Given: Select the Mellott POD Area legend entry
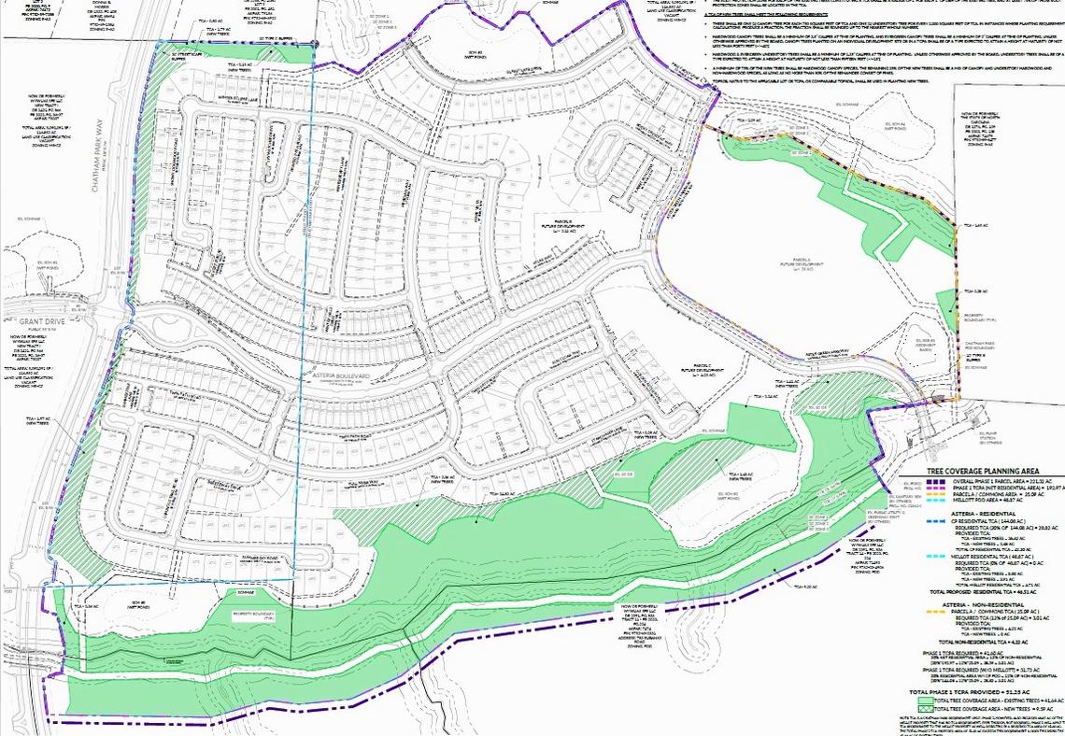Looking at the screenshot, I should click(x=986, y=500).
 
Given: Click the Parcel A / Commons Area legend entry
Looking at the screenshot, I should click(x=991, y=493).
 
